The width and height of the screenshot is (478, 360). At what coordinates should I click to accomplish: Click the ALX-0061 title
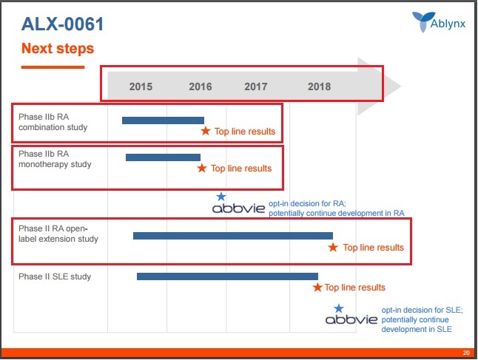point(62,24)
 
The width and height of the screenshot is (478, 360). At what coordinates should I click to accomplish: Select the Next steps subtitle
point(58,49)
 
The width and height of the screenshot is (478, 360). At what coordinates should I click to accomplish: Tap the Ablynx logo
point(439,22)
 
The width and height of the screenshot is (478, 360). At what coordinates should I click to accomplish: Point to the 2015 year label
point(141,86)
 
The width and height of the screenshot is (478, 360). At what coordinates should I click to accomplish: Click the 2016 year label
point(201,86)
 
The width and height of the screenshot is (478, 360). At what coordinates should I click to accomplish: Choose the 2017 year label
point(256,86)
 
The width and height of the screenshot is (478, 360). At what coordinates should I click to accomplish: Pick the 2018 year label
point(319,86)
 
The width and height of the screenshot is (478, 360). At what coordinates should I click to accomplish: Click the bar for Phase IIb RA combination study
point(163,120)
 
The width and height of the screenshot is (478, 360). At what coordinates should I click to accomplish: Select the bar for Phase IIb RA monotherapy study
point(163,157)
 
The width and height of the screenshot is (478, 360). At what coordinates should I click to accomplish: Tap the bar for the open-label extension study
point(233,236)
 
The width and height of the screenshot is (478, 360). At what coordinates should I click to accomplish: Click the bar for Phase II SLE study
point(227,276)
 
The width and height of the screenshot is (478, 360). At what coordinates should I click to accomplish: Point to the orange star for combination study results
point(206,131)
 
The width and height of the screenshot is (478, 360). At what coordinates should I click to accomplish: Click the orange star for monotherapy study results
point(202,168)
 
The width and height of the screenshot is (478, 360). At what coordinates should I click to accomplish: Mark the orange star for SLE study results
point(317,287)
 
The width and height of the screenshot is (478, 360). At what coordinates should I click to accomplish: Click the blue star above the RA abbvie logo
point(221,197)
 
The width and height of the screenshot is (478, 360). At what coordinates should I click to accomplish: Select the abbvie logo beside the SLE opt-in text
point(351,319)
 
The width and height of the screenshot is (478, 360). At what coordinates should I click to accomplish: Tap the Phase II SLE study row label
point(55,276)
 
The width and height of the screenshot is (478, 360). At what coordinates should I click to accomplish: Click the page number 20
point(466,353)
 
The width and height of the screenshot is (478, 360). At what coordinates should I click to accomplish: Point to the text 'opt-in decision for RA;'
point(307,203)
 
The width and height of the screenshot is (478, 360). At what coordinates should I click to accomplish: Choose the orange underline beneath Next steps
point(53,67)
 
